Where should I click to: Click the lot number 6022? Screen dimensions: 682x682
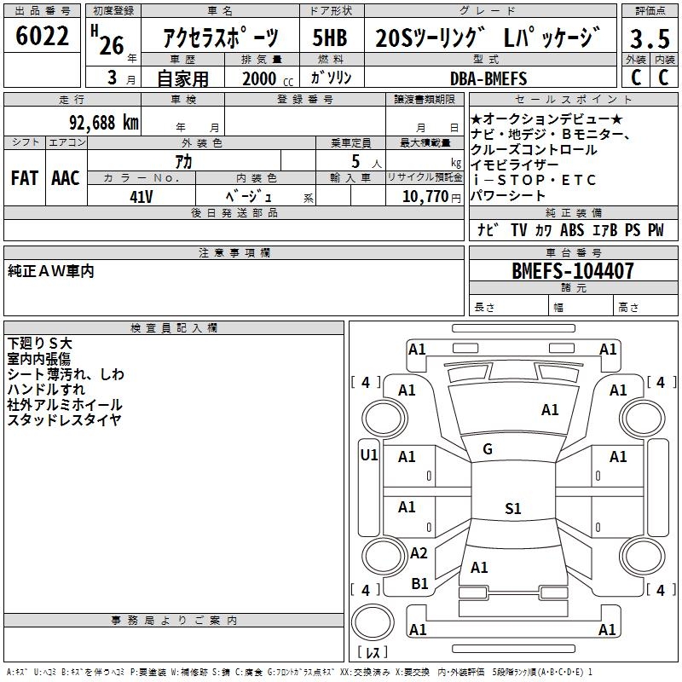point(43,38)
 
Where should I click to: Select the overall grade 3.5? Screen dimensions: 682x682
point(649,39)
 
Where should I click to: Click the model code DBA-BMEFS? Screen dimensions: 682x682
point(488,78)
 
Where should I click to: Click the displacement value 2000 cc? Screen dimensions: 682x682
point(259,79)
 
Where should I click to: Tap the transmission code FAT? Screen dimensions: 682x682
point(25,177)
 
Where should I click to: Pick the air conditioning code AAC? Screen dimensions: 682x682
point(65,177)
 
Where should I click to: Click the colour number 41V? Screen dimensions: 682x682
point(142,196)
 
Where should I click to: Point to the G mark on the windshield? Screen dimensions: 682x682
point(487,449)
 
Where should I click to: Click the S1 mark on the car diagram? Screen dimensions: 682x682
point(512,509)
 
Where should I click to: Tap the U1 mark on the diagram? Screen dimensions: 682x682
point(368,455)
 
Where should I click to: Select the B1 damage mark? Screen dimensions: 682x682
point(419,584)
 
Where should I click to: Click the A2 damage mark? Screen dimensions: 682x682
point(418,553)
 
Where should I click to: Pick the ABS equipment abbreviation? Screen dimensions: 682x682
point(572,230)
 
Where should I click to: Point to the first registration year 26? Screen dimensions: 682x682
point(111,44)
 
